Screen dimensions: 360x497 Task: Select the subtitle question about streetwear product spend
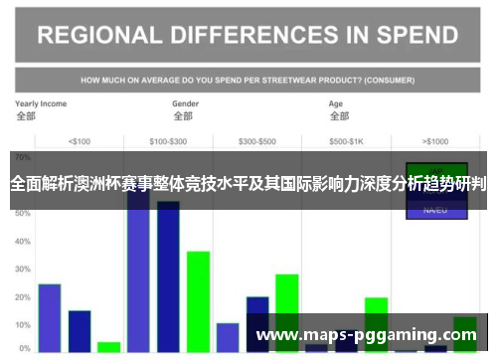pyautogui.click(x=248, y=79)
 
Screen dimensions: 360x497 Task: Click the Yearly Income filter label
pyautogui.click(x=41, y=103)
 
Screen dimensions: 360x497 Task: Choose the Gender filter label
pyautogui.click(x=186, y=103)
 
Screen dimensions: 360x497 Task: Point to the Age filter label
pyautogui.click(x=337, y=103)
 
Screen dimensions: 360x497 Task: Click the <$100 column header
pyautogui.click(x=79, y=140)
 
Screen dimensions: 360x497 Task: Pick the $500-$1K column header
pyautogui.click(x=346, y=140)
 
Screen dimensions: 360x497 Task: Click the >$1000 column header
pyautogui.click(x=435, y=140)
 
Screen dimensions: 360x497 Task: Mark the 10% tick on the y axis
pyautogui.click(x=23, y=325)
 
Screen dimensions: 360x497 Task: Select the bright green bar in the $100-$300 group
pyautogui.click(x=198, y=298)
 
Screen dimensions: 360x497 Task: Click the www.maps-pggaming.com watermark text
pyautogui.click(x=367, y=335)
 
